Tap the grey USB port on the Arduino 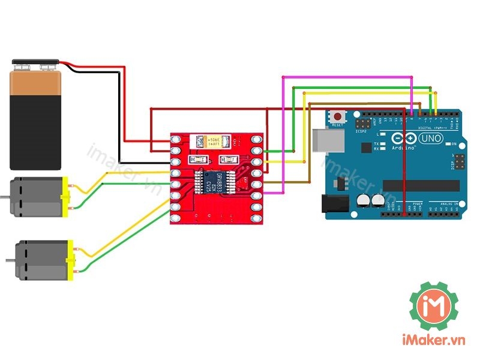click(x=329, y=142)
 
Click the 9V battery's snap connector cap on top click(x=36, y=63)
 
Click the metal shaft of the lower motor click(x=10, y=260)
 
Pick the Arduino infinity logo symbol click(x=404, y=137)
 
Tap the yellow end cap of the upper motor click(x=66, y=197)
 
